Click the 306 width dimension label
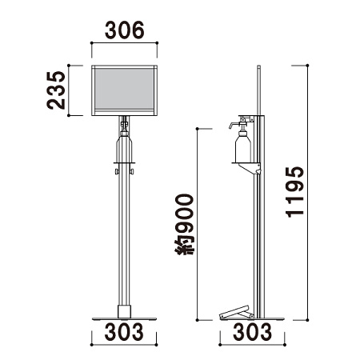point(124,30)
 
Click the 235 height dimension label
point(56,90)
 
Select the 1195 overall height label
point(294,192)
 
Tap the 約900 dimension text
point(184,225)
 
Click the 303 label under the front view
point(124,332)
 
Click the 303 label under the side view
point(252,332)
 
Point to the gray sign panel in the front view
point(123,89)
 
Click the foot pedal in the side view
point(236,313)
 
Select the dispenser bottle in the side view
point(243,146)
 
